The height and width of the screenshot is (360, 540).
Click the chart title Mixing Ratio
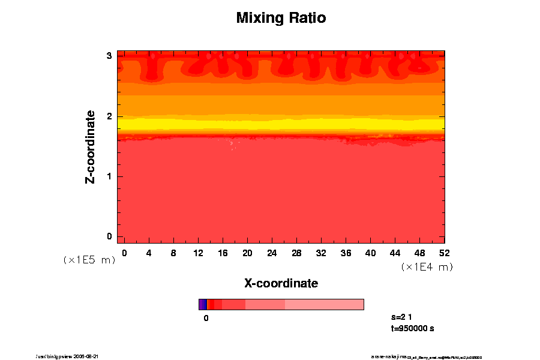pos(281,18)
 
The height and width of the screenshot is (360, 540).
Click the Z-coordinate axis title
pos(91,146)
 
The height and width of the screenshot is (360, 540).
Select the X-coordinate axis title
pos(281,283)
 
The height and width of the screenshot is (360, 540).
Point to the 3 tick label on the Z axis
pos(110,56)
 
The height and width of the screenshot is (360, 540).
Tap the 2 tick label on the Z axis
pos(110,116)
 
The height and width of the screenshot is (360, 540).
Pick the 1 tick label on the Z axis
pos(110,176)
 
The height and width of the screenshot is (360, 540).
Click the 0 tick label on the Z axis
pos(110,236)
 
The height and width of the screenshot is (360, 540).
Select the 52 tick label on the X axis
pos(445,253)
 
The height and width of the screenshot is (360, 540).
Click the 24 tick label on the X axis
pos(272,253)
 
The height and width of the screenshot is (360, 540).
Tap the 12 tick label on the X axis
pos(198,253)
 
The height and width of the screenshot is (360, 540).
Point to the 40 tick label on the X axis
pos(371,253)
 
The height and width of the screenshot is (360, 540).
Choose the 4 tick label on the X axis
pos(149,253)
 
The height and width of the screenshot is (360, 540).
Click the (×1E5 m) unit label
pos(89,260)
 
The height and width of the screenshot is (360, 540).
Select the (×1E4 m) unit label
pos(427,267)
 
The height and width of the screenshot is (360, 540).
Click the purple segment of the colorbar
pos(202,304)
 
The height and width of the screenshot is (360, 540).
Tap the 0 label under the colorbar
pos(206,318)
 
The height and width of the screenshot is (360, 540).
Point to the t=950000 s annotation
pos(412,329)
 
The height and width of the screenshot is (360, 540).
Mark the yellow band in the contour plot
pos(281,124)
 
